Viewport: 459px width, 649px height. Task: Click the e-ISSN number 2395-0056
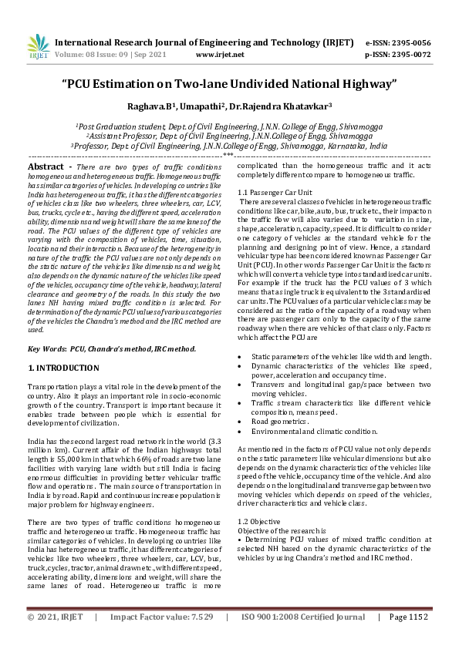[x=419, y=42]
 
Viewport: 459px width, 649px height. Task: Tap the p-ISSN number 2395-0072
[x=419, y=55]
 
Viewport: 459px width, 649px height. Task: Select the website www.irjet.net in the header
[x=220, y=55]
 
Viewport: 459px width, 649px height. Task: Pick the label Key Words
[x=47, y=348]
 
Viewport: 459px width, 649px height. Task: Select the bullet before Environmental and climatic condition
[x=242, y=432]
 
